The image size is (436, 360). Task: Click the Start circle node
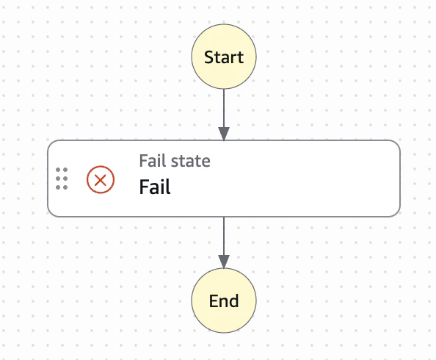pyautogui.click(x=224, y=57)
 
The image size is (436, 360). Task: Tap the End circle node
pyautogui.click(x=224, y=300)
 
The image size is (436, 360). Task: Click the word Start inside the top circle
pyautogui.click(x=224, y=57)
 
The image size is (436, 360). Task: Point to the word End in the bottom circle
pyautogui.click(x=224, y=301)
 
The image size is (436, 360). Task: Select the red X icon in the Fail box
pyautogui.click(x=101, y=179)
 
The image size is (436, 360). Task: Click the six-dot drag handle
pyautogui.click(x=62, y=179)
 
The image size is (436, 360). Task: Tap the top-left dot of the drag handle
pyautogui.click(x=58, y=170)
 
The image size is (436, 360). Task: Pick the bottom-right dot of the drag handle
pyautogui.click(x=65, y=187)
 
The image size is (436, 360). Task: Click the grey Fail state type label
pyautogui.click(x=175, y=161)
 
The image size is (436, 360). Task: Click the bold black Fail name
pyautogui.click(x=155, y=187)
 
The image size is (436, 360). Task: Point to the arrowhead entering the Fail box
pyautogui.click(x=224, y=134)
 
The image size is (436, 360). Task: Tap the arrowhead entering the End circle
pyautogui.click(x=224, y=262)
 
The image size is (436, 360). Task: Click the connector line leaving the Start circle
pyautogui.click(x=224, y=108)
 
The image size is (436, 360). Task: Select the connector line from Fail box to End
pyautogui.click(x=224, y=236)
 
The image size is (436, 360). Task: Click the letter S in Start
pyautogui.click(x=208, y=57)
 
